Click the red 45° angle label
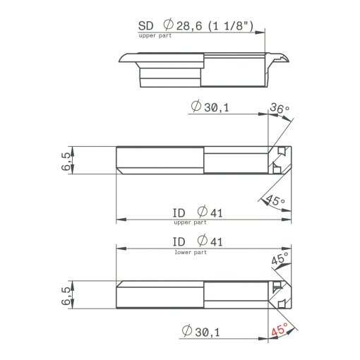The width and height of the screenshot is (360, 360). (x=280, y=329)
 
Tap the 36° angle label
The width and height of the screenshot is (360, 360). (x=280, y=108)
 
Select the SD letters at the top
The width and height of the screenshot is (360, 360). (x=145, y=26)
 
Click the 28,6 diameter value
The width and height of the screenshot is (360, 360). (x=189, y=26)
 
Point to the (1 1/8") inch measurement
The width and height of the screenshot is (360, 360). (x=231, y=26)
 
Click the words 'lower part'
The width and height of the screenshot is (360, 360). (x=191, y=252)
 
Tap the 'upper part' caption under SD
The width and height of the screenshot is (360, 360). (x=155, y=36)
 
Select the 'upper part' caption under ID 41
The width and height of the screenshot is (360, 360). (x=190, y=222)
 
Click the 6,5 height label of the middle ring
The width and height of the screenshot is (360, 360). (x=66, y=161)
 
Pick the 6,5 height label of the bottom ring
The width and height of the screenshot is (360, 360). (x=66, y=296)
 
